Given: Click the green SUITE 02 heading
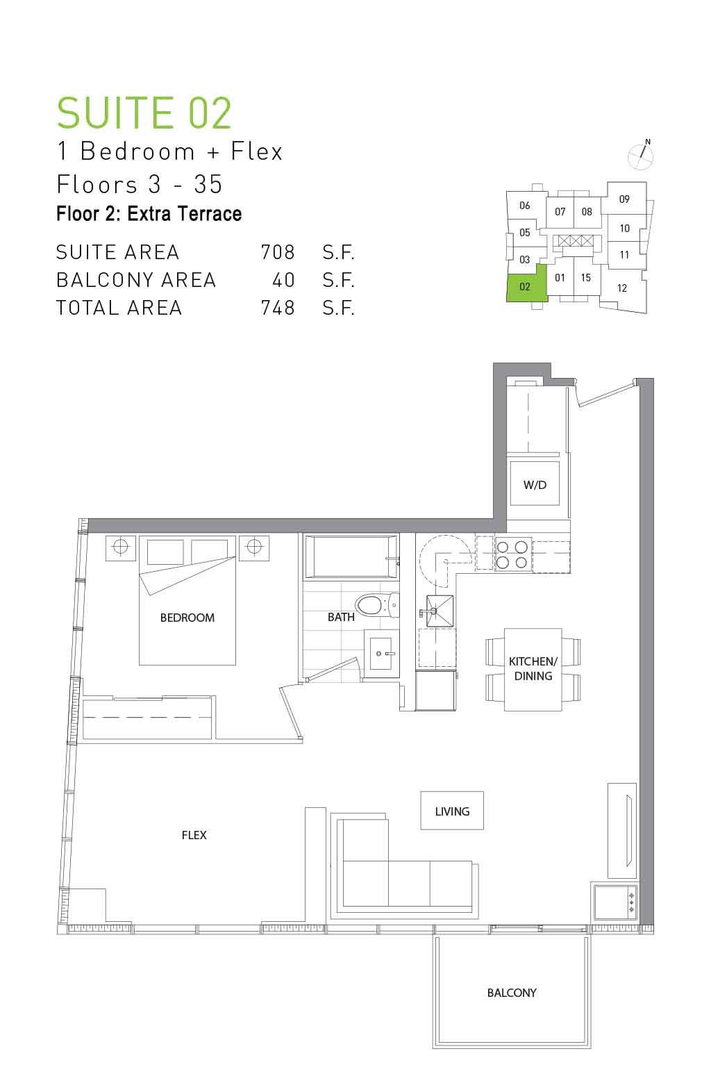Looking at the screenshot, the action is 144,113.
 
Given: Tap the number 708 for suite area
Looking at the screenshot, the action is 278,252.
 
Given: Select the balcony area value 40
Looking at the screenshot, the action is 283,280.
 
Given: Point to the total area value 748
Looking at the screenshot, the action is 278,308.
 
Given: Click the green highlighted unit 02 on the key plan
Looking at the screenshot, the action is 525,287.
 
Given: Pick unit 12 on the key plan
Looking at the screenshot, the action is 622,288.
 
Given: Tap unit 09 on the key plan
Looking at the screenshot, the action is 624,199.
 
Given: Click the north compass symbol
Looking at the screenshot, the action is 641,155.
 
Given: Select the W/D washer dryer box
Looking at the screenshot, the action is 535,484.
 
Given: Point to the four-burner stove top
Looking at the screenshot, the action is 512,554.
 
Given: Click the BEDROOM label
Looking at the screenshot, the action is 187,618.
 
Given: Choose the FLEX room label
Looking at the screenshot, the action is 194,835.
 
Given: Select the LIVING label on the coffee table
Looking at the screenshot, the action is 452,811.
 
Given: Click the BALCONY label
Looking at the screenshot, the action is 512,993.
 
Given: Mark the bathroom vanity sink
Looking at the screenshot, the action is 382,653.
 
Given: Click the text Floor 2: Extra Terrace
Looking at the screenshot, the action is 149,214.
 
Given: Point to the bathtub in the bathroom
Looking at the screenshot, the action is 351,557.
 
